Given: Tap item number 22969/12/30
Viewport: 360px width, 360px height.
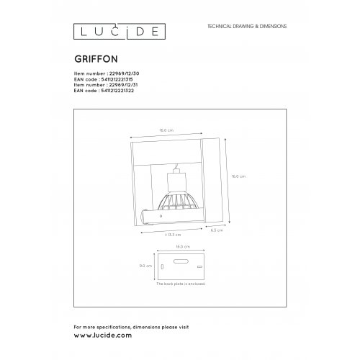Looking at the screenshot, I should [x=112, y=73].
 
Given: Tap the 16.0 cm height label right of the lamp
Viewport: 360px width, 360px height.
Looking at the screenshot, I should [x=239, y=176].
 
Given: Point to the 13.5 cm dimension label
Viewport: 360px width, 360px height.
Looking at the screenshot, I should [x=171, y=235].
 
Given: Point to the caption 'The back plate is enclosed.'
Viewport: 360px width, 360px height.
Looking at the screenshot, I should [x=180, y=286].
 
